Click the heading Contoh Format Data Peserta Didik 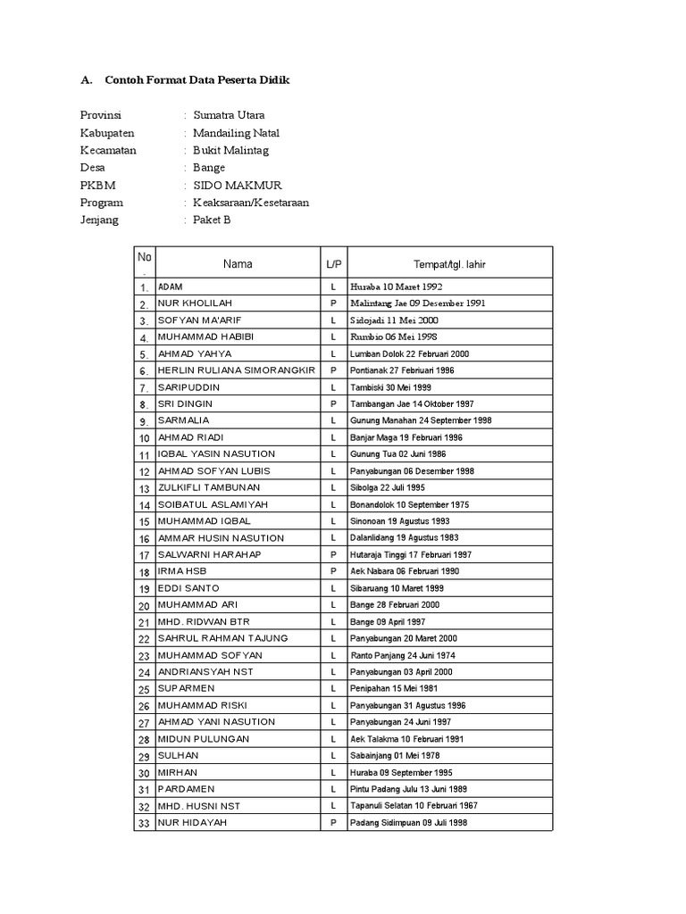point(197,80)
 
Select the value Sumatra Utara point(229,115)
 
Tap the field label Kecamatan point(107,150)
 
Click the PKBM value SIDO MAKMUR point(238,185)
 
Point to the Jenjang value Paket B point(212,220)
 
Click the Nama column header point(238,264)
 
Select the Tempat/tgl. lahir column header point(449,264)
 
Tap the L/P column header point(333,264)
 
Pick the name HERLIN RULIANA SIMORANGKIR point(236,370)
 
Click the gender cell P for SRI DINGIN point(333,403)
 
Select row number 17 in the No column point(144,555)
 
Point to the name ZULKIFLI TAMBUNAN point(209,487)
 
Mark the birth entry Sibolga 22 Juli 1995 point(388,487)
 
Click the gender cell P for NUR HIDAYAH point(333,822)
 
